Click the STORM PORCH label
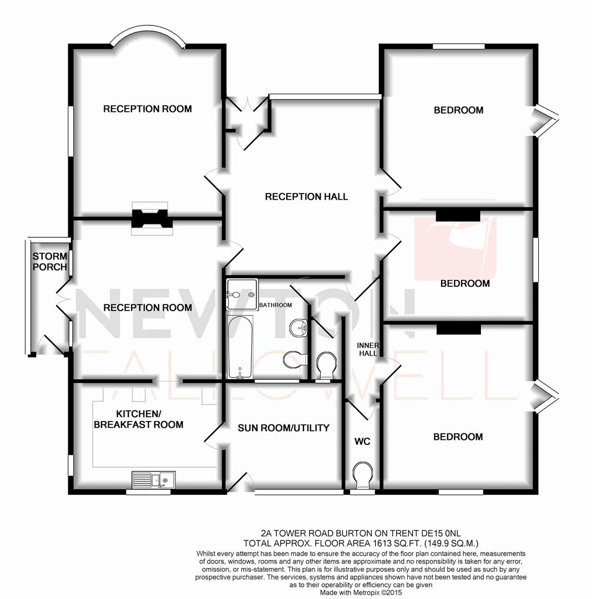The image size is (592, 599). (x=49, y=261)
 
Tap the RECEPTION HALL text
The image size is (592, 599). (x=306, y=196)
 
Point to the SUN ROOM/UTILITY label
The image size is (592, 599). (x=284, y=428)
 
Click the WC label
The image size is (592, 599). (x=362, y=441)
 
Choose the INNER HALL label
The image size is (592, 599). (x=368, y=349)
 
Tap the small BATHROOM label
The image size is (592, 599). (x=275, y=305)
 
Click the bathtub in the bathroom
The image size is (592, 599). (x=240, y=347)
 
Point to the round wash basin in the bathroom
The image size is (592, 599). (x=300, y=327)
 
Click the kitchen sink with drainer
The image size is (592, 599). (x=153, y=479)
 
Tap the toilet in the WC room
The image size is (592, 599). (x=363, y=475)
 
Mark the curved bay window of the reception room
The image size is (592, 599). (x=147, y=39)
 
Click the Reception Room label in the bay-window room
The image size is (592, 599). (x=147, y=109)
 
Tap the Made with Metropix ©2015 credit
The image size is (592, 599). (x=361, y=592)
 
